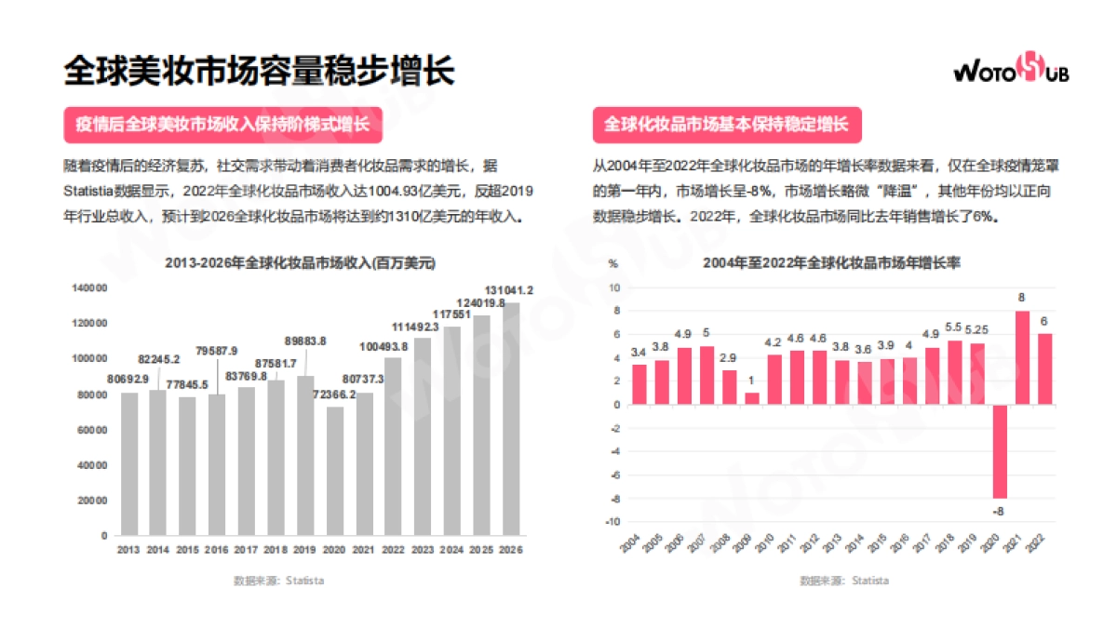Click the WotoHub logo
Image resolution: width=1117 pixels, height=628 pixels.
(x=1011, y=70)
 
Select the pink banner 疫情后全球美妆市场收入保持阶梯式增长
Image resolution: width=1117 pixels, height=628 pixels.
(x=222, y=125)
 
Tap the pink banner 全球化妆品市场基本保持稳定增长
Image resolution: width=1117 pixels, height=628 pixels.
(x=726, y=125)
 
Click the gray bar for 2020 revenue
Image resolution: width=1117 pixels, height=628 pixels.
(x=335, y=471)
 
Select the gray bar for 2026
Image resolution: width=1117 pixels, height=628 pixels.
(x=511, y=419)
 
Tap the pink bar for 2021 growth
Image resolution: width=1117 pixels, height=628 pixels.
(x=1021, y=357)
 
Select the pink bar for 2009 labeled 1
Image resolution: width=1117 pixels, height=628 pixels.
(x=751, y=398)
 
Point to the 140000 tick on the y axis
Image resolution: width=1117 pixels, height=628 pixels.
(x=89, y=288)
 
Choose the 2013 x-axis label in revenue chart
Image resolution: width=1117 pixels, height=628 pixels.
(x=128, y=550)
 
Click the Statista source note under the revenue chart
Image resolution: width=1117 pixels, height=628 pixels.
(x=278, y=581)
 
